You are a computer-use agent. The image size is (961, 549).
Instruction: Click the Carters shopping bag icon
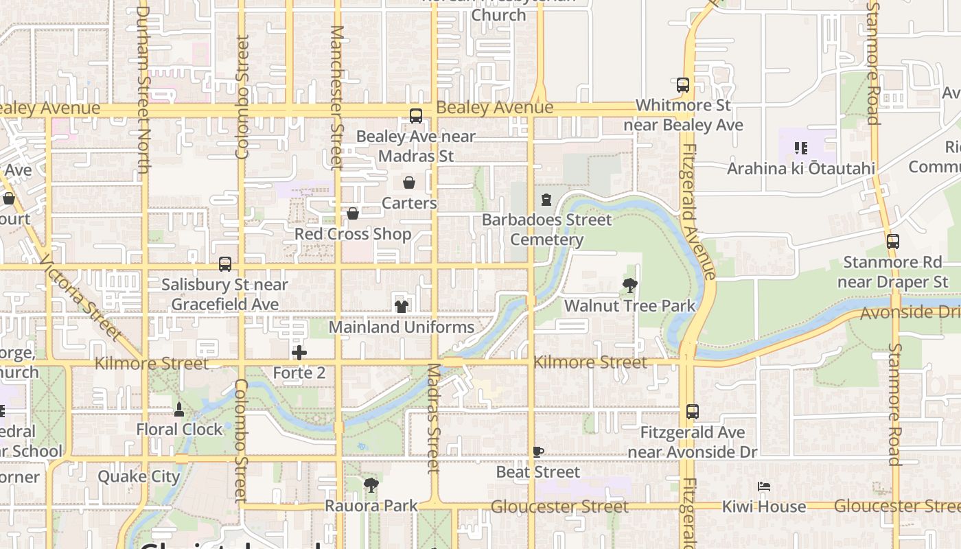tap(409, 183)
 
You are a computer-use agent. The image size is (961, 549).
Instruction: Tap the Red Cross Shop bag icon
tap(353, 214)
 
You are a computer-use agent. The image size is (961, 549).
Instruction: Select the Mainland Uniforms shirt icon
tap(402, 306)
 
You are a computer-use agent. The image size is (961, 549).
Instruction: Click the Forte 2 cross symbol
tap(299, 353)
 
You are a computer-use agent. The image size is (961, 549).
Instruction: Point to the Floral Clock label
tap(180, 430)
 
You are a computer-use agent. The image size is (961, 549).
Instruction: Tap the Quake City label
tap(139, 476)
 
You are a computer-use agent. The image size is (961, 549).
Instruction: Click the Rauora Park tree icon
tap(371, 486)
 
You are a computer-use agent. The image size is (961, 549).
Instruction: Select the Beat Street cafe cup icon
tap(538, 452)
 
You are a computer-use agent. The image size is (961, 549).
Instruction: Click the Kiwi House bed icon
tap(764, 487)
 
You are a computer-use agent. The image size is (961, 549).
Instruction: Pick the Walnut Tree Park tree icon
tap(629, 285)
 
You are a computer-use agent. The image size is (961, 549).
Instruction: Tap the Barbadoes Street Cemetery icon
tap(546, 200)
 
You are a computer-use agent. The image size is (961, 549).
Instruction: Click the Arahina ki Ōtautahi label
tap(801, 169)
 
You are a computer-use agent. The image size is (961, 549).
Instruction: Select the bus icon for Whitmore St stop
tap(683, 85)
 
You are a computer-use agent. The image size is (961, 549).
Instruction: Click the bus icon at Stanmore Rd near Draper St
tap(893, 242)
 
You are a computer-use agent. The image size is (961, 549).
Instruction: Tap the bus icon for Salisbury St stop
tap(225, 264)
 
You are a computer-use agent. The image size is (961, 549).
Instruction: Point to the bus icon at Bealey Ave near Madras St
tap(416, 116)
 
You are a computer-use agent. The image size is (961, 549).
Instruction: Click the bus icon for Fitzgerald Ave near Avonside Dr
tap(693, 412)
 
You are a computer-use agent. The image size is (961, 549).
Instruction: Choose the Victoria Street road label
tap(80, 298)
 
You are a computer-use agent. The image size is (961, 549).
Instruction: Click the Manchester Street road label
tap(336, 97)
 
